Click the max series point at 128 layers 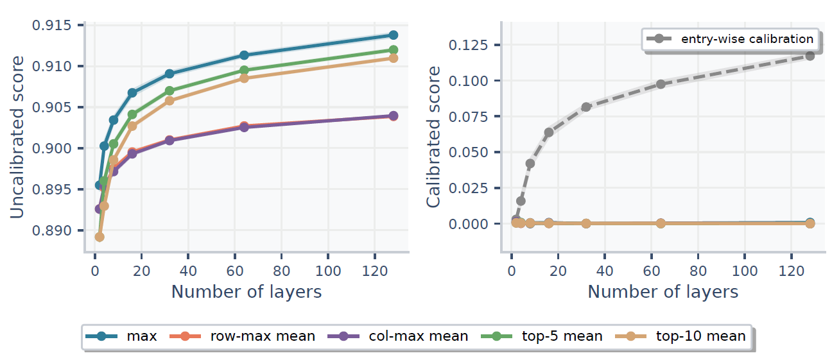(394, 35)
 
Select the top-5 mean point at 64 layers (244, 71)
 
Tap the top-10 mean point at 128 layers (394, 58)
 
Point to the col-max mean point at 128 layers (394, 116)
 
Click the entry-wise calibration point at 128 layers (810, 56)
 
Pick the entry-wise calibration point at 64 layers (661, 84)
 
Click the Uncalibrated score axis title (18, 137)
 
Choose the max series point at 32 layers (169, 74)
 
